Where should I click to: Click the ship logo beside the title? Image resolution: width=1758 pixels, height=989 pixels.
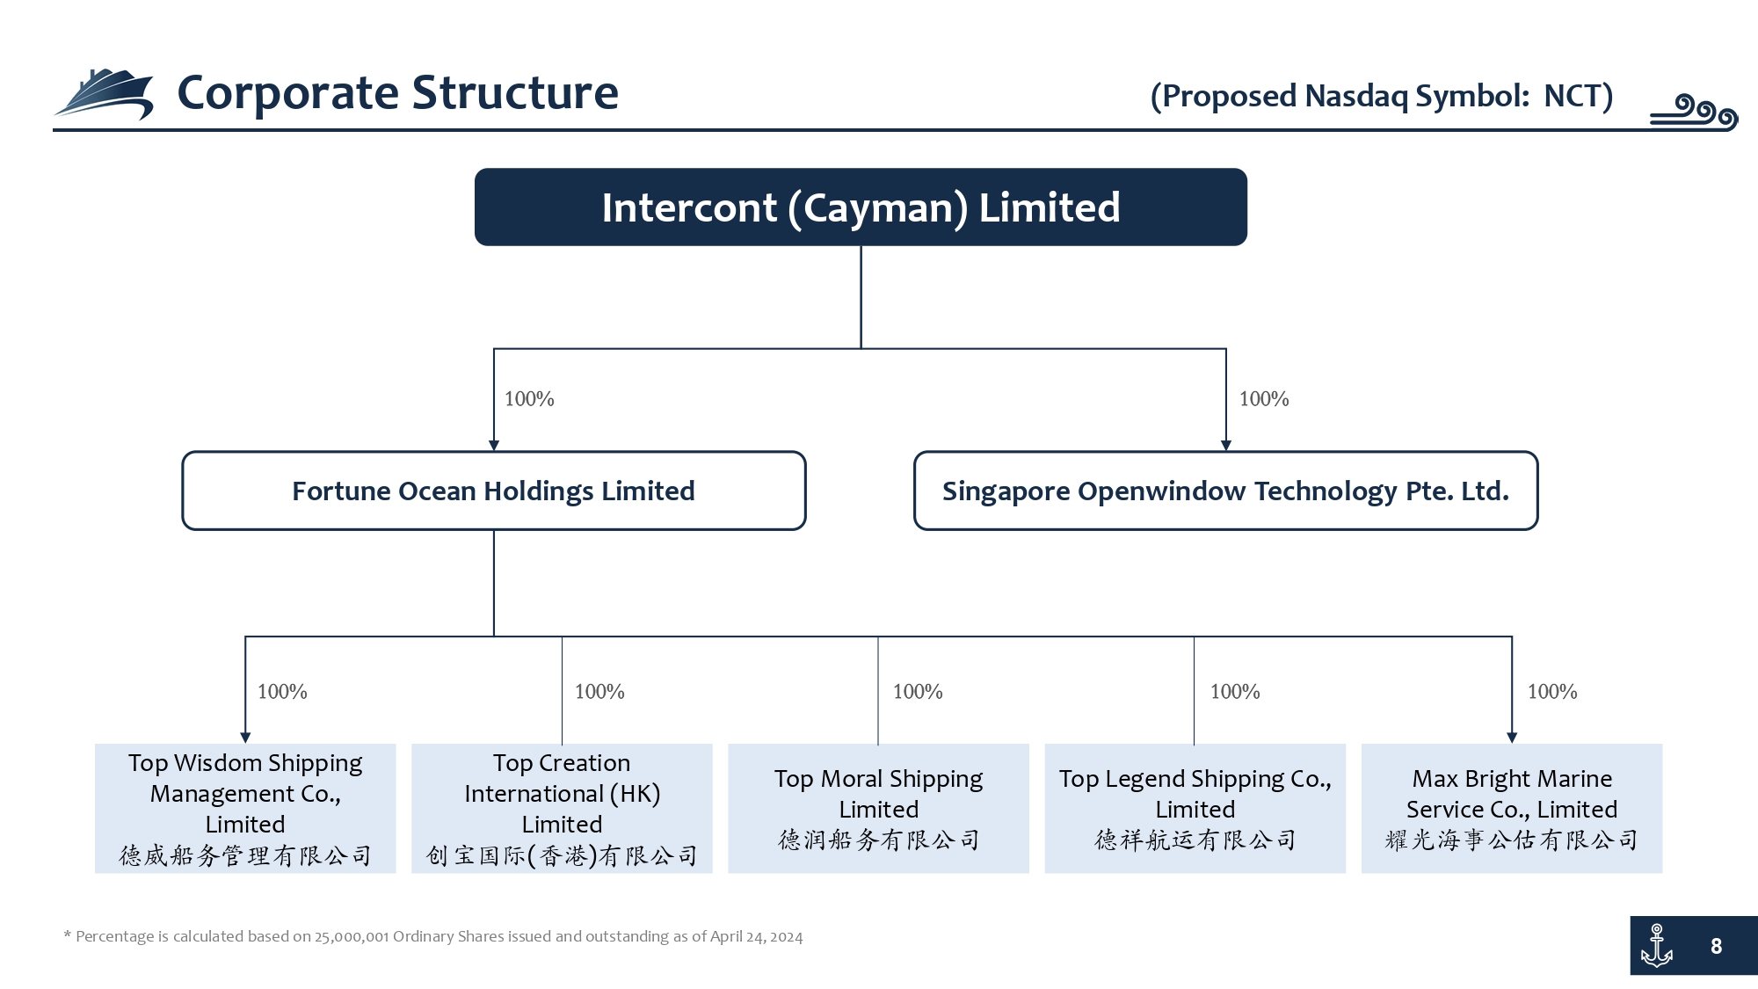(104, 95)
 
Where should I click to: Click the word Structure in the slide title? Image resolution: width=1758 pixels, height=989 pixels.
(515, 92)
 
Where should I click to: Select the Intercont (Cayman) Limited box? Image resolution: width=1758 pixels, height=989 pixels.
(861, 207)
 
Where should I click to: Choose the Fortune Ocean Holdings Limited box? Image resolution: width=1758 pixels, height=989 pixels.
(494, 491)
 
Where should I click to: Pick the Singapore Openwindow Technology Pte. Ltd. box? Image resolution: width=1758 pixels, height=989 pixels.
(1226, 491)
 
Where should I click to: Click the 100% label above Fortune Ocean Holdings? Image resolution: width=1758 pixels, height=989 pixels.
(529, 399)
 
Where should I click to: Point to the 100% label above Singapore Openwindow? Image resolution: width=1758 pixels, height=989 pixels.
(1264, 399)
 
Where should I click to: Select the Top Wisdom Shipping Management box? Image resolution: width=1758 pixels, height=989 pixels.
(245, 809)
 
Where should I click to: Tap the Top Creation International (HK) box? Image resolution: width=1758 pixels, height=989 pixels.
(562, 809)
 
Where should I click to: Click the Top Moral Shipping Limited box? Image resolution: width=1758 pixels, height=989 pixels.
(878, 809)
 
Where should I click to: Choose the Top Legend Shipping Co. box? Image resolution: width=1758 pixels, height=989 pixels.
(1195, 809)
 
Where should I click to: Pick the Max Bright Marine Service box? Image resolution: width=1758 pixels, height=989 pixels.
(1512, 809)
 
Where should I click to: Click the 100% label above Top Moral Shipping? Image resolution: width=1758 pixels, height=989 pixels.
(918, 692)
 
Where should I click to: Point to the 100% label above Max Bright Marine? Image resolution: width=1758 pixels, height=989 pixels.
(1552, 692)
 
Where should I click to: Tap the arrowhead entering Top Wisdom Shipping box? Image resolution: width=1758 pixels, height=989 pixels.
(245, 738)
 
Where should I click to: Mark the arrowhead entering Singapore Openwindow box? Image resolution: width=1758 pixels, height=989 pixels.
(1226, 445)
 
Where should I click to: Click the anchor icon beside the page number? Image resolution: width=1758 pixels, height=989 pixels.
(1657, 946)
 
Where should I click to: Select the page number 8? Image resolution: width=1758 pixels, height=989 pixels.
(1716, 947)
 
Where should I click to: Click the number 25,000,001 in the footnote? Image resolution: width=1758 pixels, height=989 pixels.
(352, 937)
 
